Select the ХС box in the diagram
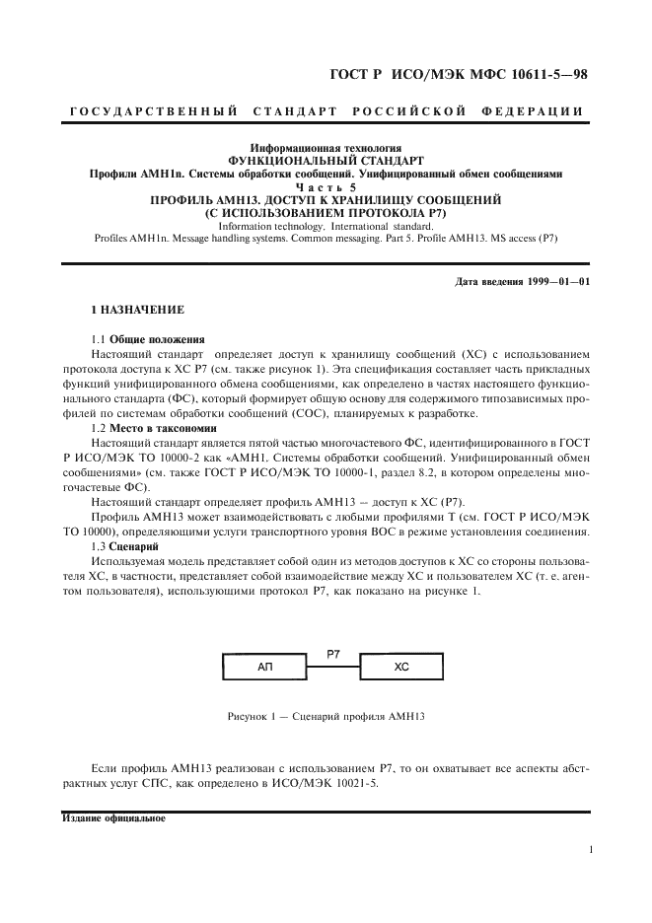400,667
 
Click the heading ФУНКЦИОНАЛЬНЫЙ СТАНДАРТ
326,160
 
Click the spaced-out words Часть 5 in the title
326,185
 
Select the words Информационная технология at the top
326,146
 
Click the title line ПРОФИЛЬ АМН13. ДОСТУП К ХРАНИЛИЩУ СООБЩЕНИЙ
326,199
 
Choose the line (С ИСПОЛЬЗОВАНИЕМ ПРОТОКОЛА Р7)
326,212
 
